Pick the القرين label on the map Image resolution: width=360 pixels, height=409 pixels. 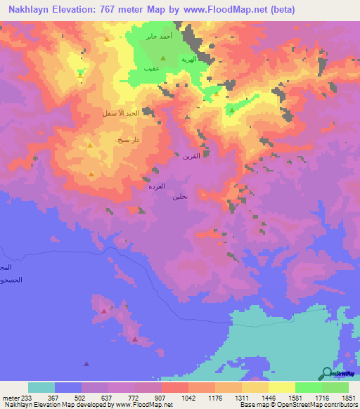191,157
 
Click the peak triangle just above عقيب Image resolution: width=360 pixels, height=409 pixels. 163,58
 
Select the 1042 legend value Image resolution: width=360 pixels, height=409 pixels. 188,397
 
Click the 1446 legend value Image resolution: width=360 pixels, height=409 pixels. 268,397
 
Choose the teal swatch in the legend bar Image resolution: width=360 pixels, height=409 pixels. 41,387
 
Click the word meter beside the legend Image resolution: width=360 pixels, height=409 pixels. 10,397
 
